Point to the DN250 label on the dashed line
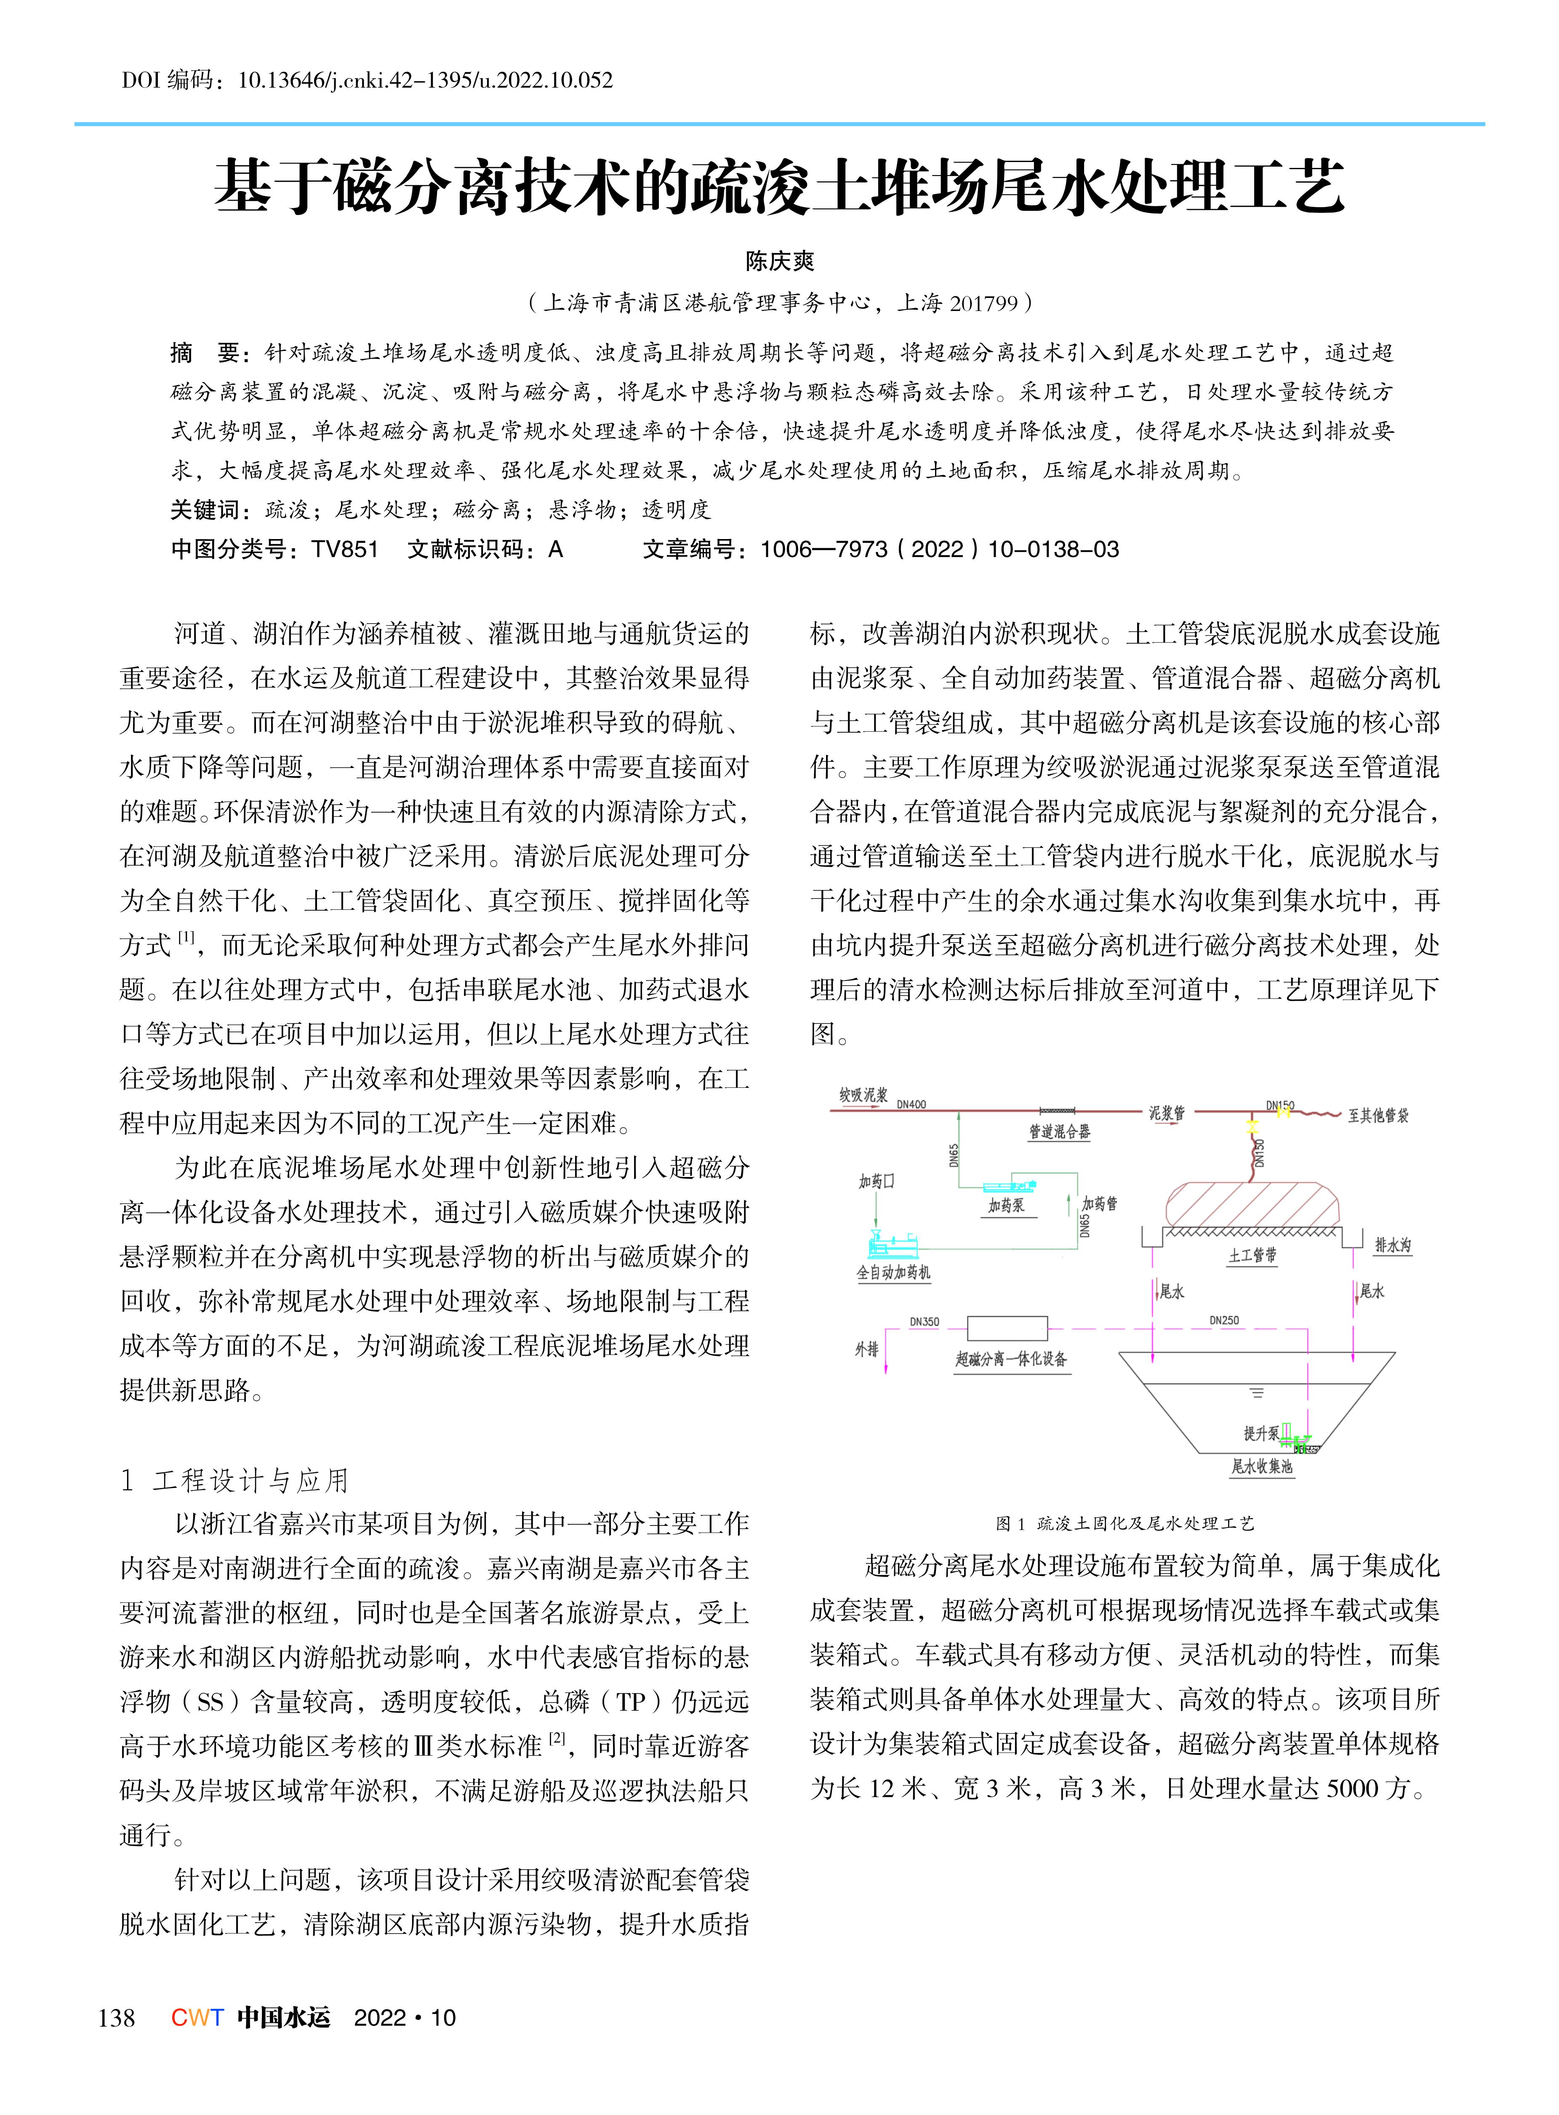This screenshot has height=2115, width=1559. [1224, 1320]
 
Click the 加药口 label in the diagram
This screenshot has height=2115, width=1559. [876, 1181]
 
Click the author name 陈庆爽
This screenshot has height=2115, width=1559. [780, 261]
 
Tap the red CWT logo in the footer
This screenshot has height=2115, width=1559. [197, 2017]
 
